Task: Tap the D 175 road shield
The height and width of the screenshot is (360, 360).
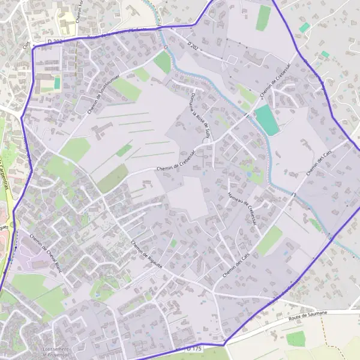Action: point(193,349)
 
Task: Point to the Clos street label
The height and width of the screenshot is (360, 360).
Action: point(26,44)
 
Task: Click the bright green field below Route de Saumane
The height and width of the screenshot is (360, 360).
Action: point(295,339)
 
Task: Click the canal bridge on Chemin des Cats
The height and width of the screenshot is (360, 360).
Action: point(294,193)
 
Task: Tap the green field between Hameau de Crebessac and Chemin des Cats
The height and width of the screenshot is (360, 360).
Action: point(270,239)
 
